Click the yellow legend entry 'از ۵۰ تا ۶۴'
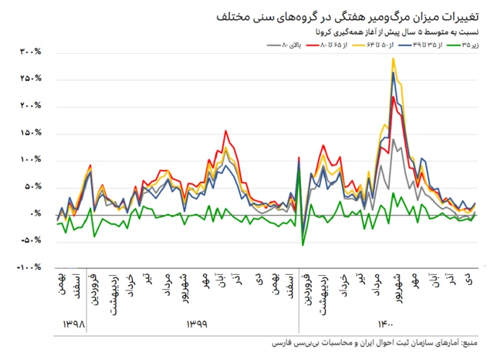[377, 46]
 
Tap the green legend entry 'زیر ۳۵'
[470, 46]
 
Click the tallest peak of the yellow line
[393, 59]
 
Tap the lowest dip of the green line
[303, 245]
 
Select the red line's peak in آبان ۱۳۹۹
[225, 131]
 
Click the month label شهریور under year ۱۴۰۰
[397, 287]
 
